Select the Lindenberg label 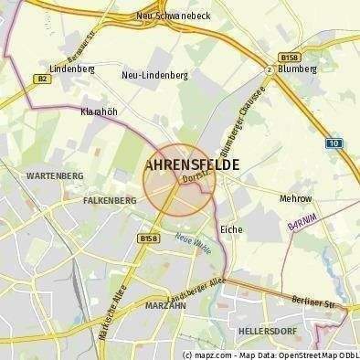coord(72,69)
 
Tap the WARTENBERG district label coord(55,175)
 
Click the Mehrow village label coord(294,198)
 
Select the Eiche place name coord(231,229)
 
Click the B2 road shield coord(42,79)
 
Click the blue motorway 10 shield coord(334,143)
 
